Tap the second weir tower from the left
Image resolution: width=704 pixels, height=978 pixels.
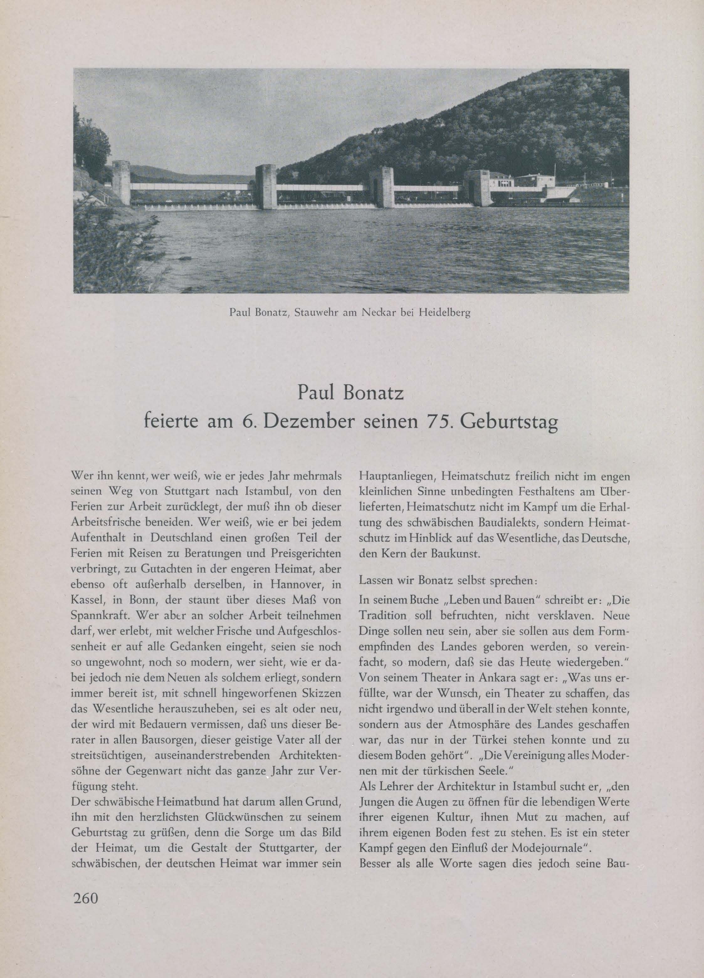click(266, 187)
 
